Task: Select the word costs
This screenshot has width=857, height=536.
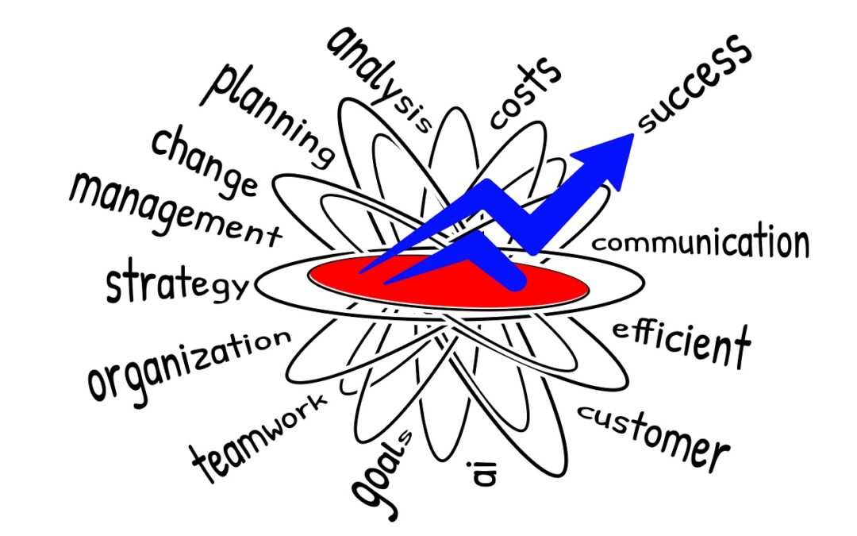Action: [x=525, y=93]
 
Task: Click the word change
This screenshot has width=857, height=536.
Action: [x=205, y=160]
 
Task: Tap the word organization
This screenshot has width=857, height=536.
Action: [x=189, y=363]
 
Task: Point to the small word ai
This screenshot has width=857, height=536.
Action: [x=484, y=473]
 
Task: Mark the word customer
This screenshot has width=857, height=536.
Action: [x=654, y=438]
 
